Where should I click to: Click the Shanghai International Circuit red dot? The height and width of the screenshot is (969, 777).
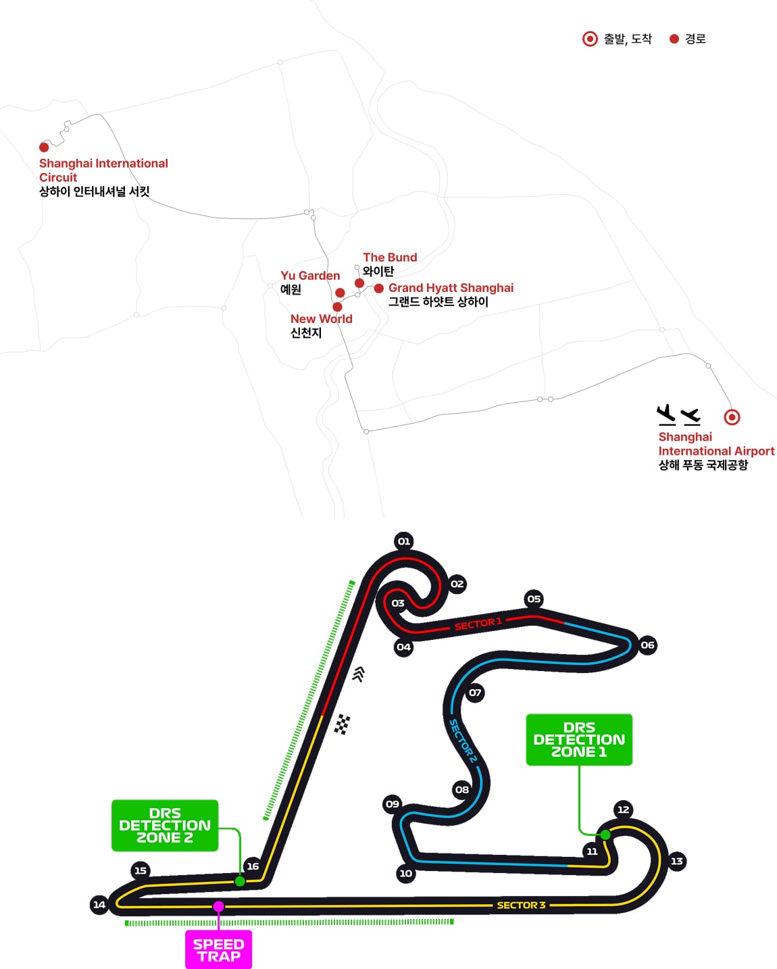[44, 147]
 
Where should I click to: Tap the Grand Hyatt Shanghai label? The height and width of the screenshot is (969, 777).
[451, 288]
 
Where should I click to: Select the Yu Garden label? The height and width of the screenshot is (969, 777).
[310, 276]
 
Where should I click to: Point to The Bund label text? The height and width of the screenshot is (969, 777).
[390, 257]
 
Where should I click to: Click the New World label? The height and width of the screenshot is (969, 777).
[322, 319]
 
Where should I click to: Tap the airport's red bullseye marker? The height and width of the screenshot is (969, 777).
[732, 417]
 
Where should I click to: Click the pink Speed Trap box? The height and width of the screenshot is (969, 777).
[219, 949]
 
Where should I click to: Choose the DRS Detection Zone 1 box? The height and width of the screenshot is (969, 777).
[579, 739]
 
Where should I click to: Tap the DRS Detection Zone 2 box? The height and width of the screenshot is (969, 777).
[165, 825]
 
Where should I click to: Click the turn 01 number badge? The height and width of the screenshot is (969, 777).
[404, 541]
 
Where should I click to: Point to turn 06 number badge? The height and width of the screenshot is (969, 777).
[648, 645]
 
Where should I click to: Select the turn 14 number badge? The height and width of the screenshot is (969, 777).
[99, 905]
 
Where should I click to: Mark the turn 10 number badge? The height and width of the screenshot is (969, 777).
[405, 874]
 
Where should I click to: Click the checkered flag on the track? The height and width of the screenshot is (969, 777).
[342, 724]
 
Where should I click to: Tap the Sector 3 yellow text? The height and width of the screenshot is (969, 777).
[521, 905]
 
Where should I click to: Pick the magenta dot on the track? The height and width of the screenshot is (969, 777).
[218, 906]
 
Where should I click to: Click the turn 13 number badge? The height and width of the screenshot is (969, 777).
[676, 862]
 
